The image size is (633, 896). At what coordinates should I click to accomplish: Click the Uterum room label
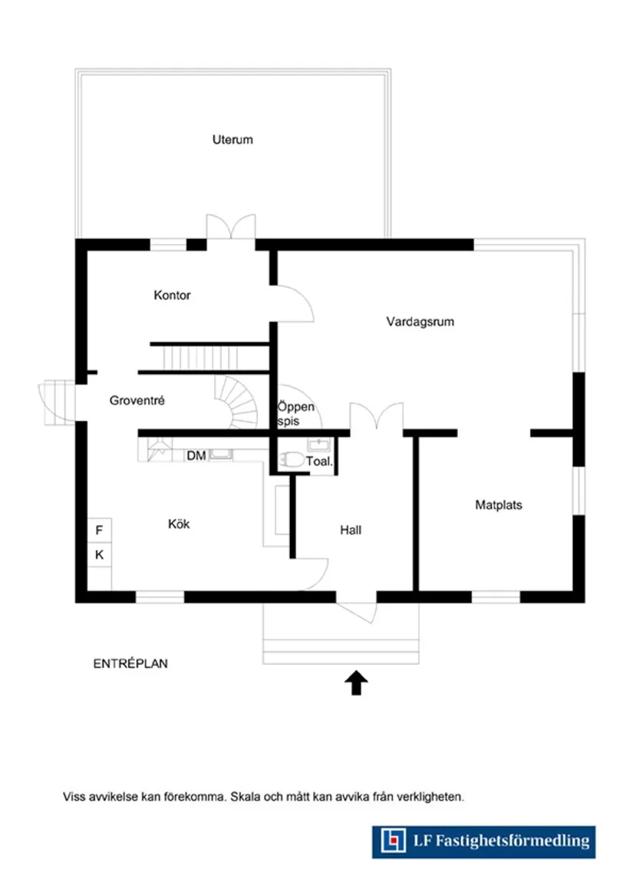pyautogui.click(x=232, y=140)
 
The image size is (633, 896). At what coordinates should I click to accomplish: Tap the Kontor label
pyautogui.click(x=172, y=295)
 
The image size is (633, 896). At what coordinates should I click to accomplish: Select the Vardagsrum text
pyautogui.click(x=420, y=322)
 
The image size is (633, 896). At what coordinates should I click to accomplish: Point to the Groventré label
pyautogui.click(x=137, y=400)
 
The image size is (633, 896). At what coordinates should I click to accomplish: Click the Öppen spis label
pyautogui.click(x=296, y=415)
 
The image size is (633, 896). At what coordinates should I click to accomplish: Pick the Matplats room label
pyautogui.click(x=498, y=505)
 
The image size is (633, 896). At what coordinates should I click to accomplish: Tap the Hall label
pyautogui.click(x=351, y=530)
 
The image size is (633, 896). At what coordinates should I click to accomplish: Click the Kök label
pyautogui.click(x=179, y=524)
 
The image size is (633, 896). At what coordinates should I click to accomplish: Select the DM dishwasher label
pyautogui.click(x=196, y=456)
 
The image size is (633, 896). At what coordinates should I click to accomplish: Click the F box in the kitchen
pyautogui.click(x=100, y=530)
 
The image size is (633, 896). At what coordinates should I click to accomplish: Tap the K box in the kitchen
pyautogui.click(x=100, y=554)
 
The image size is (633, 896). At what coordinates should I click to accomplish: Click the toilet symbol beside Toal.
pyautogui.click(x=292, y=461)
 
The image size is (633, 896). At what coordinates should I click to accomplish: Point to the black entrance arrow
pyautogui.click(x=356, y=682)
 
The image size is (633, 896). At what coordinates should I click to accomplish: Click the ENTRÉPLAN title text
pyautogui.click(x=130, y=664)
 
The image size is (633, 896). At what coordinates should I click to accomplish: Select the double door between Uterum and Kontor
pyautogui.click(x=230, y=228)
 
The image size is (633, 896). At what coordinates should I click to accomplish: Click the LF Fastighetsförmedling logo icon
pyautogui.click(x=394, y=841)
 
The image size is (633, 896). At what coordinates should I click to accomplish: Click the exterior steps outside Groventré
pyautogui.click(x=55, y=402)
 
